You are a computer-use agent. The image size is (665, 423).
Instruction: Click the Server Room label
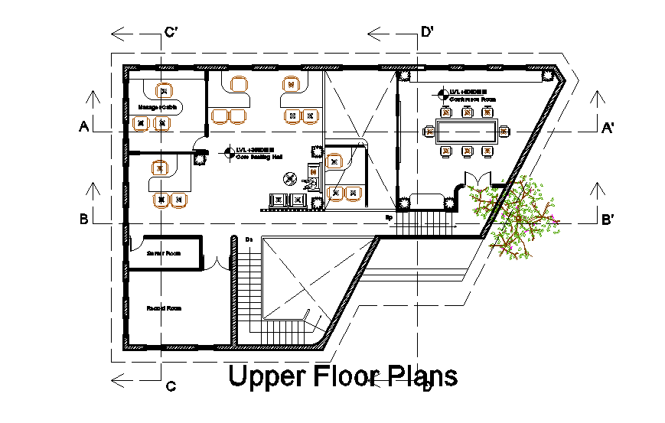163,252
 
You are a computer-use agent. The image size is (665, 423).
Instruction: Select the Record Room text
164,308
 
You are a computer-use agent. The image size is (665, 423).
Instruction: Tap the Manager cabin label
158,107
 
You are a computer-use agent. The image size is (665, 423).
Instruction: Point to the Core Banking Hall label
259,156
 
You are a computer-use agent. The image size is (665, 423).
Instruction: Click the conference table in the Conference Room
466,132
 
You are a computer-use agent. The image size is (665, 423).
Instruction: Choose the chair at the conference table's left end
429,132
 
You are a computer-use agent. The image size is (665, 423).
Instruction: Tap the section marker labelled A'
608,127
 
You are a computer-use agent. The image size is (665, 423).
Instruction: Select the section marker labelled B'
608,220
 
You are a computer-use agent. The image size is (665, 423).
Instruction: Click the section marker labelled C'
172,32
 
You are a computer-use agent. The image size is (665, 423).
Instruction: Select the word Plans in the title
421,376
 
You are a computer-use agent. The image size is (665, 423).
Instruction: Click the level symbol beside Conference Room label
442,95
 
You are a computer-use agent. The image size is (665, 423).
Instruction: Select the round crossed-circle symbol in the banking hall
289,180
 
